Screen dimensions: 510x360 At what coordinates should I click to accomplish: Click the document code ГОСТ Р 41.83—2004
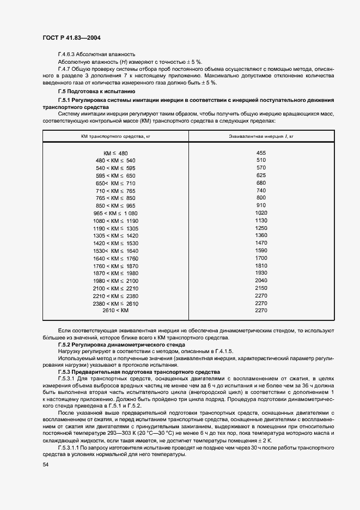click(x=71, y=38)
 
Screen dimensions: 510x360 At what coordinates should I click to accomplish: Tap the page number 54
click(x=45, y=464)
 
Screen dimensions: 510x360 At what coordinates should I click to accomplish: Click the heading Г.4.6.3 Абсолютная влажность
click(x=96, y=54)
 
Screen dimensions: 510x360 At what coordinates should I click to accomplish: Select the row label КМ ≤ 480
click(x=115, y=154)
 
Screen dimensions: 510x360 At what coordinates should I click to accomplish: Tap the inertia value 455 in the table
click(x=261, y=153)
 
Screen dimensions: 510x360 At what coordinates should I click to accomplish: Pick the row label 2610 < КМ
click(x=115, y=310)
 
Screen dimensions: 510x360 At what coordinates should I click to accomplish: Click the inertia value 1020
click(x=261, y=212)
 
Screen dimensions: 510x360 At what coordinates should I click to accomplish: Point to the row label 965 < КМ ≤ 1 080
click(x=115, y=213)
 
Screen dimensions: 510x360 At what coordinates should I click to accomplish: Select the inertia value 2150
click(x=261, y=287)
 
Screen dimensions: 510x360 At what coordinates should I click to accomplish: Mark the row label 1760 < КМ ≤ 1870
click(x=115, y=265)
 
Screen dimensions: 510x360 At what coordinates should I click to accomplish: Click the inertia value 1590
click(x=261, y=250)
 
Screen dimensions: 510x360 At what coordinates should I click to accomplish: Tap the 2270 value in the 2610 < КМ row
click(x=261, y=310)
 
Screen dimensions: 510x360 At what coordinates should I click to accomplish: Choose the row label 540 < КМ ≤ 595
click(x=115, y=168)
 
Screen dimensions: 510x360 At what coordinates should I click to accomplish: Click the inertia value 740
click(x=261, y=190)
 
